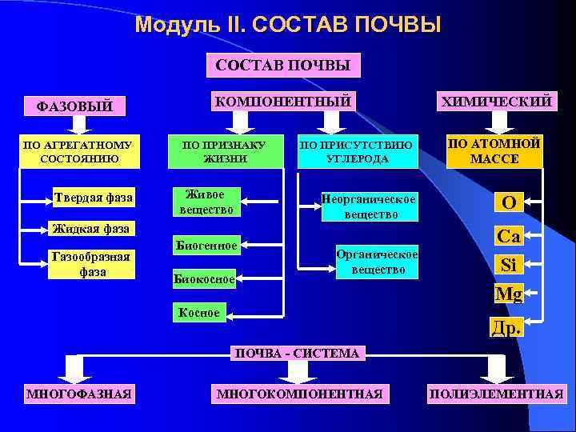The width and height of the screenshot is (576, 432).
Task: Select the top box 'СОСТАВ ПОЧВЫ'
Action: click(282, 66)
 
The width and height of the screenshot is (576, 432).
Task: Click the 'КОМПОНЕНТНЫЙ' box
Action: click(282, 101)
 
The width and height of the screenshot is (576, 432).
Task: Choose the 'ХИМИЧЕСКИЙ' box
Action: click(493, 101)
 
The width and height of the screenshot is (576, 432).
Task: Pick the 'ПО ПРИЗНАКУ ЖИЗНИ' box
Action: click(226, 151)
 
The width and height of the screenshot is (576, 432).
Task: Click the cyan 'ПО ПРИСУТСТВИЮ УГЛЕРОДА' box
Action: click(358, 151)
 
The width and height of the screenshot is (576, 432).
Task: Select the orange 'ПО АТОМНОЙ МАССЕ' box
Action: click(494, 150)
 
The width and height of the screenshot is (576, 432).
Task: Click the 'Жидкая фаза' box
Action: click(90, 229)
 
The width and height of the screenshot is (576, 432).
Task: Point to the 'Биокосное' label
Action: click(204, 279)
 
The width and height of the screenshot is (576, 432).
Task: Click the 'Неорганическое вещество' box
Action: click(369, 206)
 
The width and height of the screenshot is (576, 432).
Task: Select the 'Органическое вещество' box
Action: click(377, 262)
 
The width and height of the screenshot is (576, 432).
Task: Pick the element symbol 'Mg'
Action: click(508, 294)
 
